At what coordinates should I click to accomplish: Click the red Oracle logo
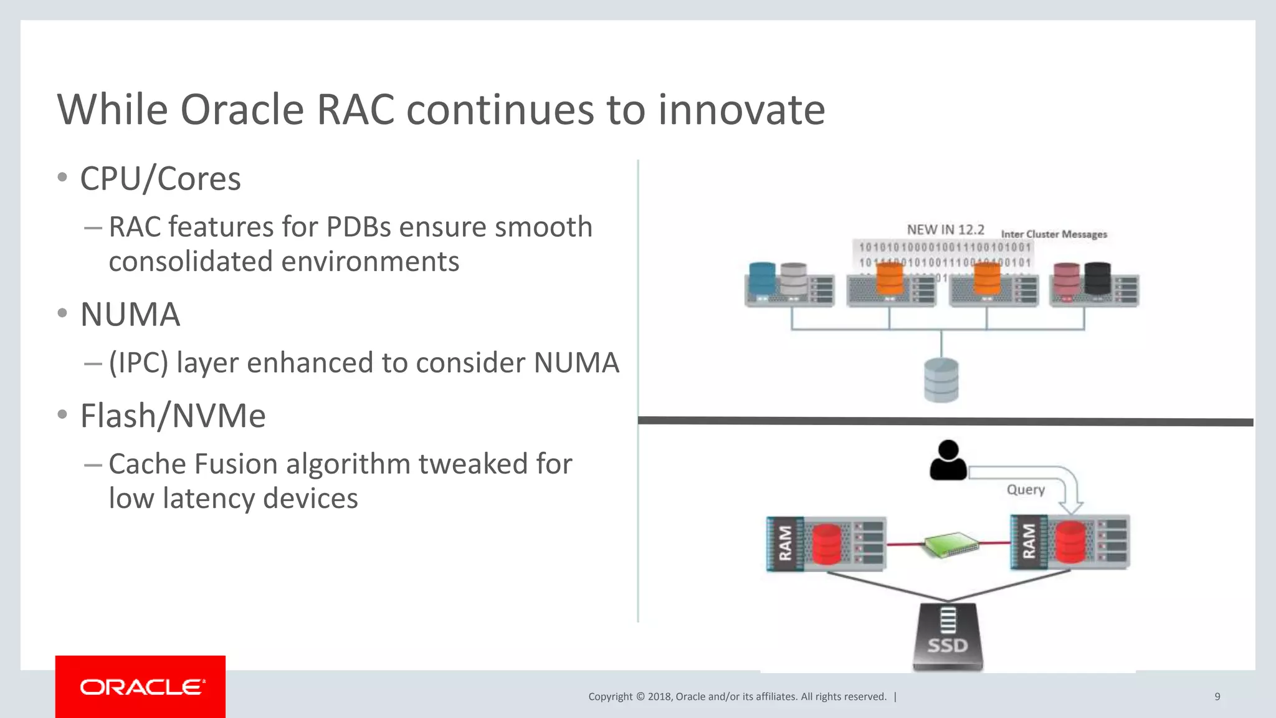tap(140, 686)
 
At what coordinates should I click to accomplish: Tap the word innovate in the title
tap(741, 110)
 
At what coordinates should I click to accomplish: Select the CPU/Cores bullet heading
tap(160, 179)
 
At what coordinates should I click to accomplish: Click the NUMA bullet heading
tap(130, 314)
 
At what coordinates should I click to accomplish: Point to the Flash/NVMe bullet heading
tap(173, 416)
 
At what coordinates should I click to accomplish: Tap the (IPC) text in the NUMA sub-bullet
tap(138, 363)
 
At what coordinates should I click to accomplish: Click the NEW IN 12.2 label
tap(945, 230)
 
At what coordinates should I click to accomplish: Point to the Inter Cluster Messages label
tap(1054, 234)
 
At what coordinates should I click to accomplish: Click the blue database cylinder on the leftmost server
tap(762, 279)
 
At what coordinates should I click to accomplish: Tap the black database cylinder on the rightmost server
tap(1097, 278)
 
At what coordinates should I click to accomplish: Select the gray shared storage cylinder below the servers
tap(941, 380)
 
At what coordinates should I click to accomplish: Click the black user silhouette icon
tap(948, 461)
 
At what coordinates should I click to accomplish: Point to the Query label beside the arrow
tap(1026, 490)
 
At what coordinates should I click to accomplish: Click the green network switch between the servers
tap(951, 544)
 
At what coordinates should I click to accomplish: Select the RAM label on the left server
tap(785, 543)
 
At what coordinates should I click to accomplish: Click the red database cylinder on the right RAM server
tap(1070, 542)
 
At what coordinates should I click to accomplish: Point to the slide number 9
tap(1217, 697)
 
